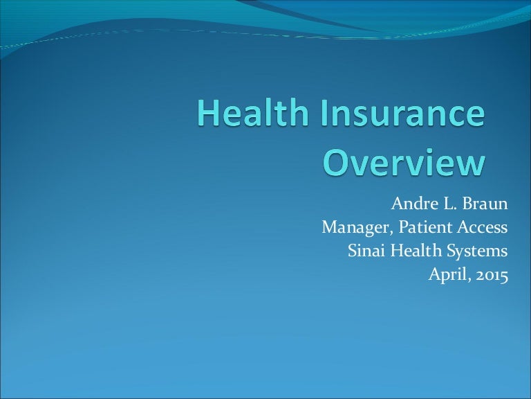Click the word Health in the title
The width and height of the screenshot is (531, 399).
(x=252, y=112)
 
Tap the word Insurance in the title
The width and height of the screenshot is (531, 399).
(x=402, y=112)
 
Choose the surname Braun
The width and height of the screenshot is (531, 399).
(x=485, y=204)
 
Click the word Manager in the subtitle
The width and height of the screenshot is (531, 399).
(x=357, y=227)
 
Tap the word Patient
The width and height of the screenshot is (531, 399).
(x=425, y=227)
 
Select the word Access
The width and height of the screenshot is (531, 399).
(x=483, y=227)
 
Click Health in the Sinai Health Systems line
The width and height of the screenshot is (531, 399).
(x=416, y=251)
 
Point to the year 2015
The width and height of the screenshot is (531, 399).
(x=492, y=275)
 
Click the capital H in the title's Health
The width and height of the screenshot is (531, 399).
(x=207, y=113)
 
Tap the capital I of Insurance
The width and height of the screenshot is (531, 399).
(x=324, y=113)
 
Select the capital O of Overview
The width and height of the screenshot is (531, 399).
(x=336, y=162)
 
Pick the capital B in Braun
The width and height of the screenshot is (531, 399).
(x=467, y=204)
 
